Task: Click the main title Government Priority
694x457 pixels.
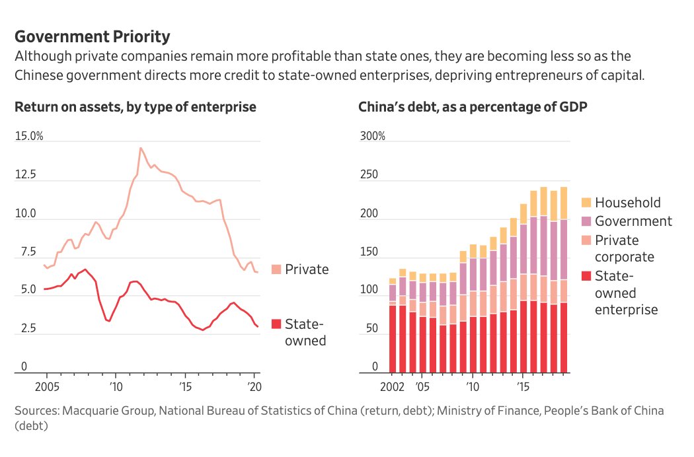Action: pos(92,36)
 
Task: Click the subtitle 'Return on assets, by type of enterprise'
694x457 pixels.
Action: pos(135,107)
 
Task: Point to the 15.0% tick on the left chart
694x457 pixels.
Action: pos(29,137)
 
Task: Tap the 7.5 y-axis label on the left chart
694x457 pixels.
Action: pos(24,252)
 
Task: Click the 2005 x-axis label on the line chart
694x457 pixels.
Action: pos(47,385)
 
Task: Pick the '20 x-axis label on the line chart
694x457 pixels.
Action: pos(254,385)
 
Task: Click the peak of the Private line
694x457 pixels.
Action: pos(140,148)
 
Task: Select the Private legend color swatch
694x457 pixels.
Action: pos(276,269)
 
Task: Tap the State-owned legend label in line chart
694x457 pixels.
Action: pos(305,332)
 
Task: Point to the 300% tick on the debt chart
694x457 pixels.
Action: pos(372,137)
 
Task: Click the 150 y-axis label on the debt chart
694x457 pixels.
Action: pos(368,252)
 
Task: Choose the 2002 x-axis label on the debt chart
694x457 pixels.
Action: pos(392,385)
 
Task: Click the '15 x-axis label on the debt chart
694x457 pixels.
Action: pos(523,385)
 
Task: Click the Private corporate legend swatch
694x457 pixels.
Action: pos(586,240)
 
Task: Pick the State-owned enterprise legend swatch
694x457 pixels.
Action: pos(586,276)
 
